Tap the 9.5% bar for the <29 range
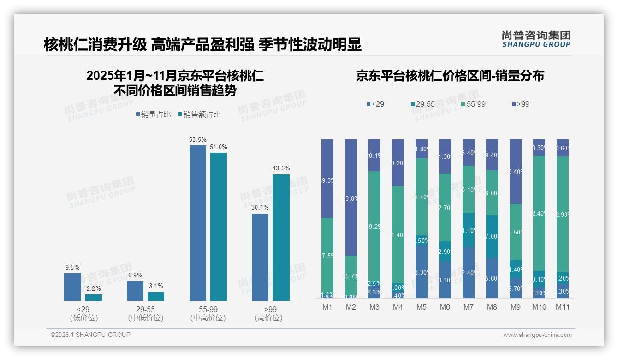(x=72, y=287)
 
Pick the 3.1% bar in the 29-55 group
(x=156, y=296)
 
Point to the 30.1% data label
(x=260, y=208)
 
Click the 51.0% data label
(x=219, y=147)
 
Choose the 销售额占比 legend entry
(x=199, y=114)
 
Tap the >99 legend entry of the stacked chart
(x=520, y=104)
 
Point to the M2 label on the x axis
(x=351, y=307)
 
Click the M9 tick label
(x=516, y=307)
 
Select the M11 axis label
(x=562, y=307)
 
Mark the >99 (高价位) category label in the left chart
(x=268, y=313)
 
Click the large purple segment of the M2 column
(x=351, y=198)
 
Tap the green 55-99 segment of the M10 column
(x=539, y=213)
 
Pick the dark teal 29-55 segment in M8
(x=492, y=236)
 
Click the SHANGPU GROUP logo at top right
(x=536, y=39)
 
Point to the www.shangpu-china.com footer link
(x=537, y=335)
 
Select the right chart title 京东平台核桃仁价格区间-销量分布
(x=450, y=76)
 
